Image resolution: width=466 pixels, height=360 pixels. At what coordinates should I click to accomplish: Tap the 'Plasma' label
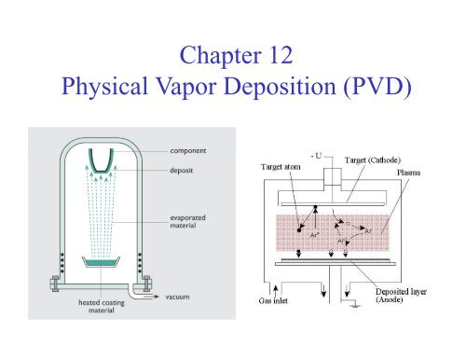[417, 173]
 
